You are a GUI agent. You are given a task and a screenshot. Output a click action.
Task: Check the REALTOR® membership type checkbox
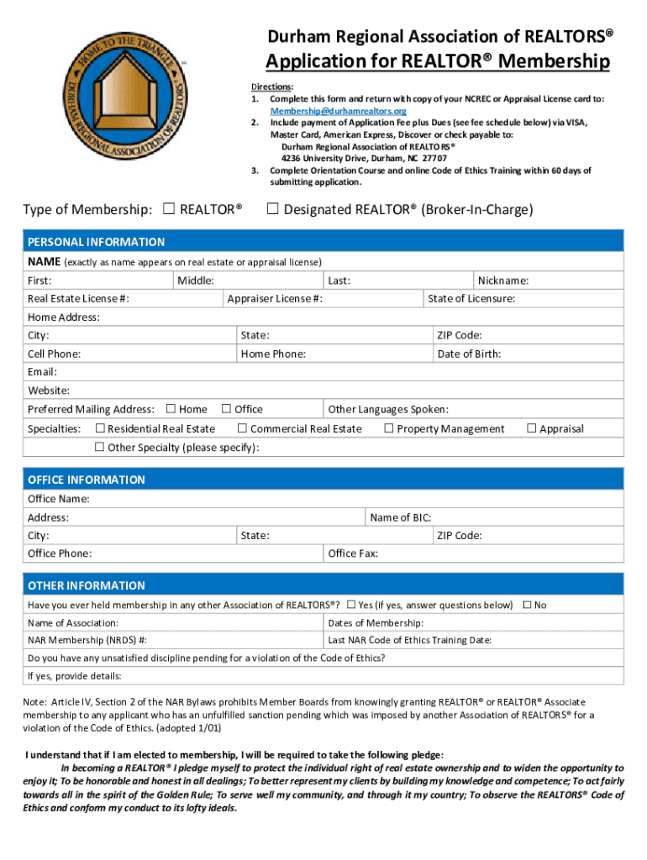pos(168,209)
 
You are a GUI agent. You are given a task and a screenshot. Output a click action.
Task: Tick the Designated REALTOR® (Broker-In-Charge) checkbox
pos(272,209)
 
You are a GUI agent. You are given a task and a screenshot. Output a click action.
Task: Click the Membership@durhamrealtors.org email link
pos(338,111)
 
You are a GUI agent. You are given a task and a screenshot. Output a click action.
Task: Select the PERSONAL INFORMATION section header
pos(96,242)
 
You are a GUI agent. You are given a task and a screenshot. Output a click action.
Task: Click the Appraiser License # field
pos(370,299)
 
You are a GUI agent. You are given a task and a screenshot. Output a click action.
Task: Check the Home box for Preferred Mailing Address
pos(171,409)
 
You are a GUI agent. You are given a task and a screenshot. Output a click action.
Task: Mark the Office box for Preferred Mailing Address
pos(226,409)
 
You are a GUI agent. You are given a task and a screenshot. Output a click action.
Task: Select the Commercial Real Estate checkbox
pos(242,428)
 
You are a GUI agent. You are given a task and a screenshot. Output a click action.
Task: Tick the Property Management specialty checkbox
pos(389,428)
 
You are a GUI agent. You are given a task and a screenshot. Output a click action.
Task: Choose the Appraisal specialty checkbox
pos(531,428)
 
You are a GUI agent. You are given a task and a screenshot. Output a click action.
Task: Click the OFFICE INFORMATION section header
pos(86,480)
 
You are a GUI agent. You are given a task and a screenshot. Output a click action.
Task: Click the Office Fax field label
pos(352,553)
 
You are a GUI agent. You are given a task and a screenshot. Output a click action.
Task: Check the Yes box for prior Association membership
pos(351,605)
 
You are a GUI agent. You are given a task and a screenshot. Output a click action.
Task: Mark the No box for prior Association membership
pos(527,605)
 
